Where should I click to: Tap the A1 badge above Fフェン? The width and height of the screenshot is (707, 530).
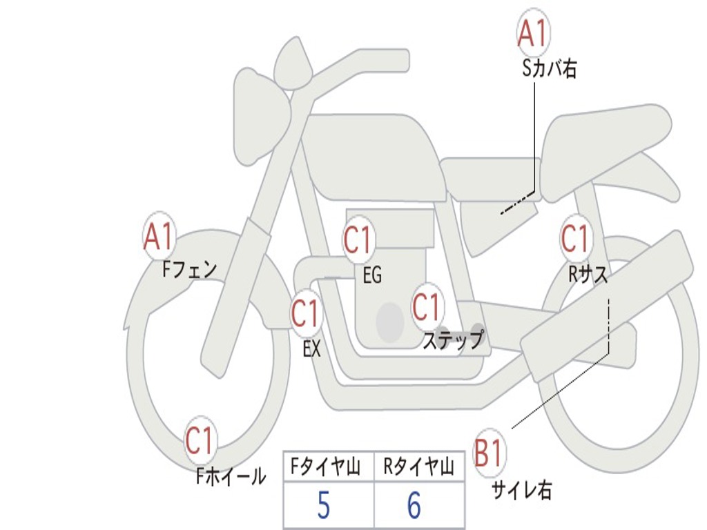click(x=159, y=237)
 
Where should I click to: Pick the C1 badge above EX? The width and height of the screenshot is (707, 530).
click(x=306, y=314)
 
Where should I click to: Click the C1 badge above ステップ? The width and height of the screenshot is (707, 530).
click(x=427, y=307)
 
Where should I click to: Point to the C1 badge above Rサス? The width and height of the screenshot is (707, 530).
click(x=575, y=239)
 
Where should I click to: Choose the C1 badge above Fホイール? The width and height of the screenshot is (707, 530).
click(x=200, y=441)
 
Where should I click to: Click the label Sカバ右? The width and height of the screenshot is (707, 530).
click(x=550, y=69)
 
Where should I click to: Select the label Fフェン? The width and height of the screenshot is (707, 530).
click(x=190, y=268)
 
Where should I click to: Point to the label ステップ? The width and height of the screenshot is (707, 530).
click(x=453, y=340)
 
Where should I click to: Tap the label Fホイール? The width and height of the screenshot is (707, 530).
click(x=231, y=475)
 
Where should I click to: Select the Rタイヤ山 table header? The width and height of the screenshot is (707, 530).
click(x=418, y=468)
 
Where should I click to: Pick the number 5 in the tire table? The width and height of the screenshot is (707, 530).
click(x=322, y=507)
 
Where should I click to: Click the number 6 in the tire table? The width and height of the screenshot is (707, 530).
click(x=414, y=507)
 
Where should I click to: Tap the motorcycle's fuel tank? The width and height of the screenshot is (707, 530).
click(x=373, y=155)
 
